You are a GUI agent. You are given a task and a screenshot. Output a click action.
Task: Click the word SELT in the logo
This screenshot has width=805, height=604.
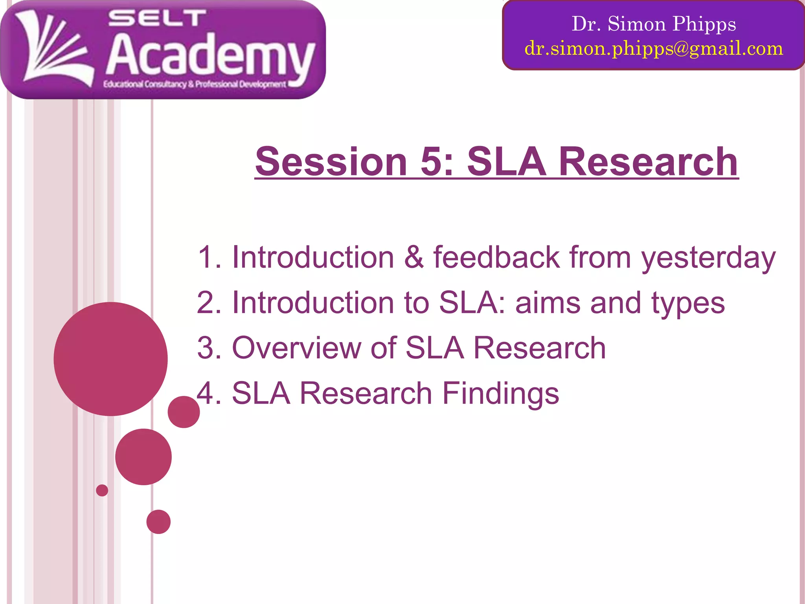coord(157,19)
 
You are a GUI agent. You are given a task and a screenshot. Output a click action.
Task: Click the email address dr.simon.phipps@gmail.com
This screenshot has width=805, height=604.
coord(654,48)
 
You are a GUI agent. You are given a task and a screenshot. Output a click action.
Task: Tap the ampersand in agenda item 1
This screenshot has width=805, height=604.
coord(414,257)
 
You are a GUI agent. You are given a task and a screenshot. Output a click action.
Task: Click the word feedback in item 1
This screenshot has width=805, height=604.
coord(496,257)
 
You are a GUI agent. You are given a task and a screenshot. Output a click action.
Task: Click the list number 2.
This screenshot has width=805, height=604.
coord(206,303)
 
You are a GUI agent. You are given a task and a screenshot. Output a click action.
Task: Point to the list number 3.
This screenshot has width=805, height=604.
coord(206,348)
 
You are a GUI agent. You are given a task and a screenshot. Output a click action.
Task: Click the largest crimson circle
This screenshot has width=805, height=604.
coord(110,359)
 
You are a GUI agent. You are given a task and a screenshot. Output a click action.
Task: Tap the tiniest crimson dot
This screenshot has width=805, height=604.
coord(102,490)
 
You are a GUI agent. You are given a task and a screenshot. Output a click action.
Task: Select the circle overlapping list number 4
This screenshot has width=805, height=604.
coord(184,412)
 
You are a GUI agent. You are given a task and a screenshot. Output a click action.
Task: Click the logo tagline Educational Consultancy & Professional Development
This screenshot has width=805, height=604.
coord(195,84)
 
